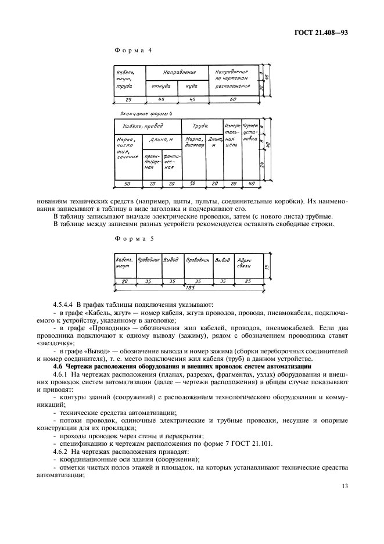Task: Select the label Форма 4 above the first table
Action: coord(134,51)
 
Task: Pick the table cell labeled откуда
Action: coord(161,85)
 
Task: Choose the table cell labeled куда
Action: coord(191,85)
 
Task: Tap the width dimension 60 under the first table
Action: coord(233,100)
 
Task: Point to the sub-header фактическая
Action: coord(171,161)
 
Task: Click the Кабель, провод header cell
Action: coord(142,126)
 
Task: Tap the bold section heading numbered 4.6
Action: coord(183,367)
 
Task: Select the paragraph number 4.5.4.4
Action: coord(65,304)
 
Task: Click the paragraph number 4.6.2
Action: coord(62,450)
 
